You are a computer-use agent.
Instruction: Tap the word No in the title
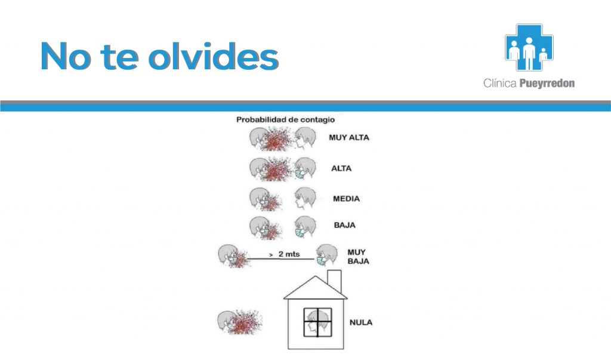[x=66, y=56]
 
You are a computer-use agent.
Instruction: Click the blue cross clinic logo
[x=529, y=47]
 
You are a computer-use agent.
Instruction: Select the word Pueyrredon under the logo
[x=547, y=83]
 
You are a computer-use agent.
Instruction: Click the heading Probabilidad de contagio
[x=286, y=120]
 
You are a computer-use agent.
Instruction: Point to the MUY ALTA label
[x=348, y=137]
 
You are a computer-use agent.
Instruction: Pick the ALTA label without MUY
[x=341, y=168]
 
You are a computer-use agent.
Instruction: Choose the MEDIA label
[x=347, y=199]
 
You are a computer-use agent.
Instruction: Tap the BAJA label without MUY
[x=344, y=225]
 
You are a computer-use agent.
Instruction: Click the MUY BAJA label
[x=358, y=257]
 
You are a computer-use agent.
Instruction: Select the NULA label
[x=361, y=322]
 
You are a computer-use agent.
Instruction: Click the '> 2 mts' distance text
[x=285, y=254]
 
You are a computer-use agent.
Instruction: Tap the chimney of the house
[x=334, y=282]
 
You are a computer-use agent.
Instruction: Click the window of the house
[x=318, y=322]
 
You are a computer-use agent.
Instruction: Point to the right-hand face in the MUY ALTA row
[x=305, y=138]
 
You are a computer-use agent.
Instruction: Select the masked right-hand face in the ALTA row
[x=305, y=168]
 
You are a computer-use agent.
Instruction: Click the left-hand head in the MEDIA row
[x=259, y=199]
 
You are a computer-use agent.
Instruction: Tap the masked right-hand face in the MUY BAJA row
[x=326, y=256]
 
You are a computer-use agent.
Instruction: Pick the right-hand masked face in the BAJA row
[x=305, y=227]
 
